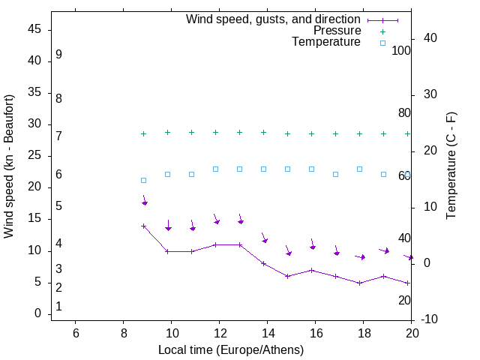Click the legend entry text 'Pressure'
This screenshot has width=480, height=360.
click(337, 31)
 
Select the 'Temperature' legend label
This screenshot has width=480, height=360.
click(326, 43)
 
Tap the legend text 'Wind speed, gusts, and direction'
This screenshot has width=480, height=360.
click(274, 19)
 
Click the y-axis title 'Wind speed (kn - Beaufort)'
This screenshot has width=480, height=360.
click(9, 166)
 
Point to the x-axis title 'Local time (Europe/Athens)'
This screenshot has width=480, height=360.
click(231, 349)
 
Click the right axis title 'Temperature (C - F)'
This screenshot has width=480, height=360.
click(451, 166)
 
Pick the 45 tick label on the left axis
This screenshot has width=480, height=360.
click(34, 30)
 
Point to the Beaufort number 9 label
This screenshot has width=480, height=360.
click(58, 55)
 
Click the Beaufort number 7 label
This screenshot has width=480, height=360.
click(58, 136)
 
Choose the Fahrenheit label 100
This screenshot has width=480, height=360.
click(402, 51)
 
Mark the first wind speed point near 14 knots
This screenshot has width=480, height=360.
click(143, 226)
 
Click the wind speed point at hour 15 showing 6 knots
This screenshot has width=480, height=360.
click(287, 276)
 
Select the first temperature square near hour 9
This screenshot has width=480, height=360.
click(143, 180)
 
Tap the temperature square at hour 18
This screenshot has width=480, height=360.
click(359, 169)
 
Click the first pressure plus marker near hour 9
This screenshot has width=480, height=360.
click(143, 133)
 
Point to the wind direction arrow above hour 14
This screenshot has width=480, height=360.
click(265, 238)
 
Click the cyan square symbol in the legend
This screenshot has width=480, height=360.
click(382, 43)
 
